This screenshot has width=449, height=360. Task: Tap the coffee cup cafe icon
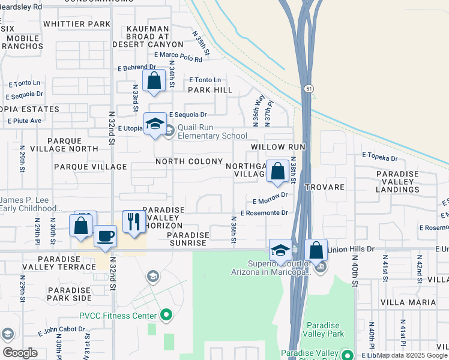click(105, 236)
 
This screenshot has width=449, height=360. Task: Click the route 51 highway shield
click(309, 89)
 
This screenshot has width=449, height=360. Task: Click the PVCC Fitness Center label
click(118, 315)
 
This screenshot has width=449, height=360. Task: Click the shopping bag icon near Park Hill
click(154, 81)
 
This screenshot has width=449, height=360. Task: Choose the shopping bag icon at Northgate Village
click(278, 171)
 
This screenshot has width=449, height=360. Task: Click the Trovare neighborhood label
click(324, 187)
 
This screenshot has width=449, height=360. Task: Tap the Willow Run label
click(279, 147)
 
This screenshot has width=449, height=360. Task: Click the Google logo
click(20, 353)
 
